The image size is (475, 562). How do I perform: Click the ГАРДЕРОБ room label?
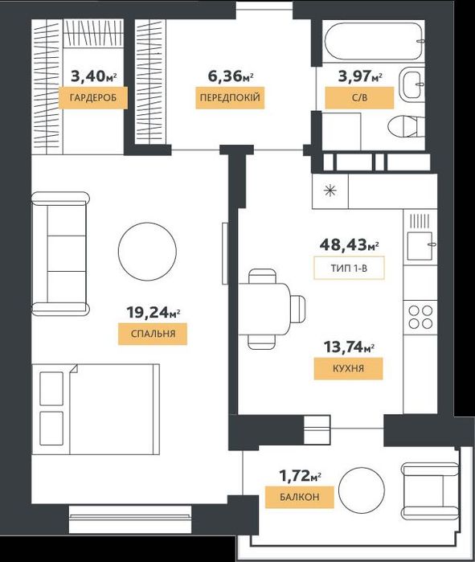click(x=93, y=97)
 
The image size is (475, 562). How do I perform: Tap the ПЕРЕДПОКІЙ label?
click(x=230, y=97)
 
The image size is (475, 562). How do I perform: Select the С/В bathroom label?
click(x=359, y=97)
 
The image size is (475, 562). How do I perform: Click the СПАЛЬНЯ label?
click(x=153, y=334)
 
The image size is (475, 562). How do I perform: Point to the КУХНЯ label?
click(x=349, y=368)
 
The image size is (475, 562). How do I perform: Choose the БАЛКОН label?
click(x=300, y=497)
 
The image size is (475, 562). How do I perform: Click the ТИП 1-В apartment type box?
click(x=349, y=268)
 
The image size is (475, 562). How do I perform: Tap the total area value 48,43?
click(x=344, y=245)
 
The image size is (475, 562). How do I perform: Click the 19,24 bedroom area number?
click(x=147, y=313)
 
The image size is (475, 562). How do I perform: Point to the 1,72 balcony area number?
click(x=294, y=476)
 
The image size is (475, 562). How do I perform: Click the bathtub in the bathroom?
click(x=374, y=39)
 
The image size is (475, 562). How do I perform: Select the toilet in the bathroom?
click(x=406, y=125)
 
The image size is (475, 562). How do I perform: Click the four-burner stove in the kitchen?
click(x=421, y=318)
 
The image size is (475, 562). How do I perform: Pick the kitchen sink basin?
click(x=420, y=246)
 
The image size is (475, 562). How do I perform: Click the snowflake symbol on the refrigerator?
click(x=330, y=191)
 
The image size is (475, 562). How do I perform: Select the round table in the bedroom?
click(x=147, y=251)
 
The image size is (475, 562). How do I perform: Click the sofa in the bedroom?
click(x=60, y=254)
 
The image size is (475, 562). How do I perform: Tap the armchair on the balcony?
click(x=430, y=490)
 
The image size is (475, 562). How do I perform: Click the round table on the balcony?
click(x=362, y=490)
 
